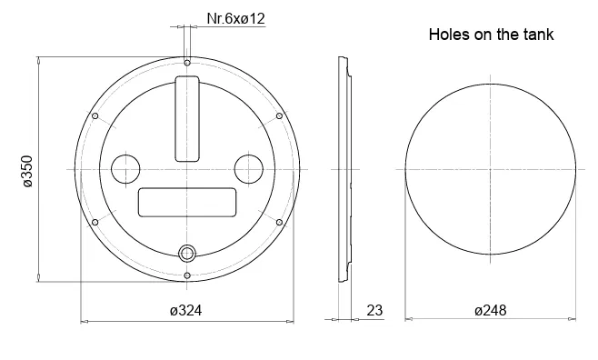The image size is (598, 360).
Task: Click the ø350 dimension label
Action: tap(28, 171)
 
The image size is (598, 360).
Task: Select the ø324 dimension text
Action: tap(185, 310)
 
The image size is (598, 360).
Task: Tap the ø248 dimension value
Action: tap(491, 310)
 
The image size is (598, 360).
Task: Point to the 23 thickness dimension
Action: tap(374, 310)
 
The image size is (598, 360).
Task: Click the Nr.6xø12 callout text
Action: tap(235, 18)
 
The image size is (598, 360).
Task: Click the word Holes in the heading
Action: tap(449, 35)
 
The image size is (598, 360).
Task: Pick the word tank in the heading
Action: tap(538, 35)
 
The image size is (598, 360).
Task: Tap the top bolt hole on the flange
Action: tap(187, 63)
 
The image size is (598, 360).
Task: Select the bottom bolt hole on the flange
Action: tap(187, 275)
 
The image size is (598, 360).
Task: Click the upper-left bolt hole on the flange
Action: tap(95, 116)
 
